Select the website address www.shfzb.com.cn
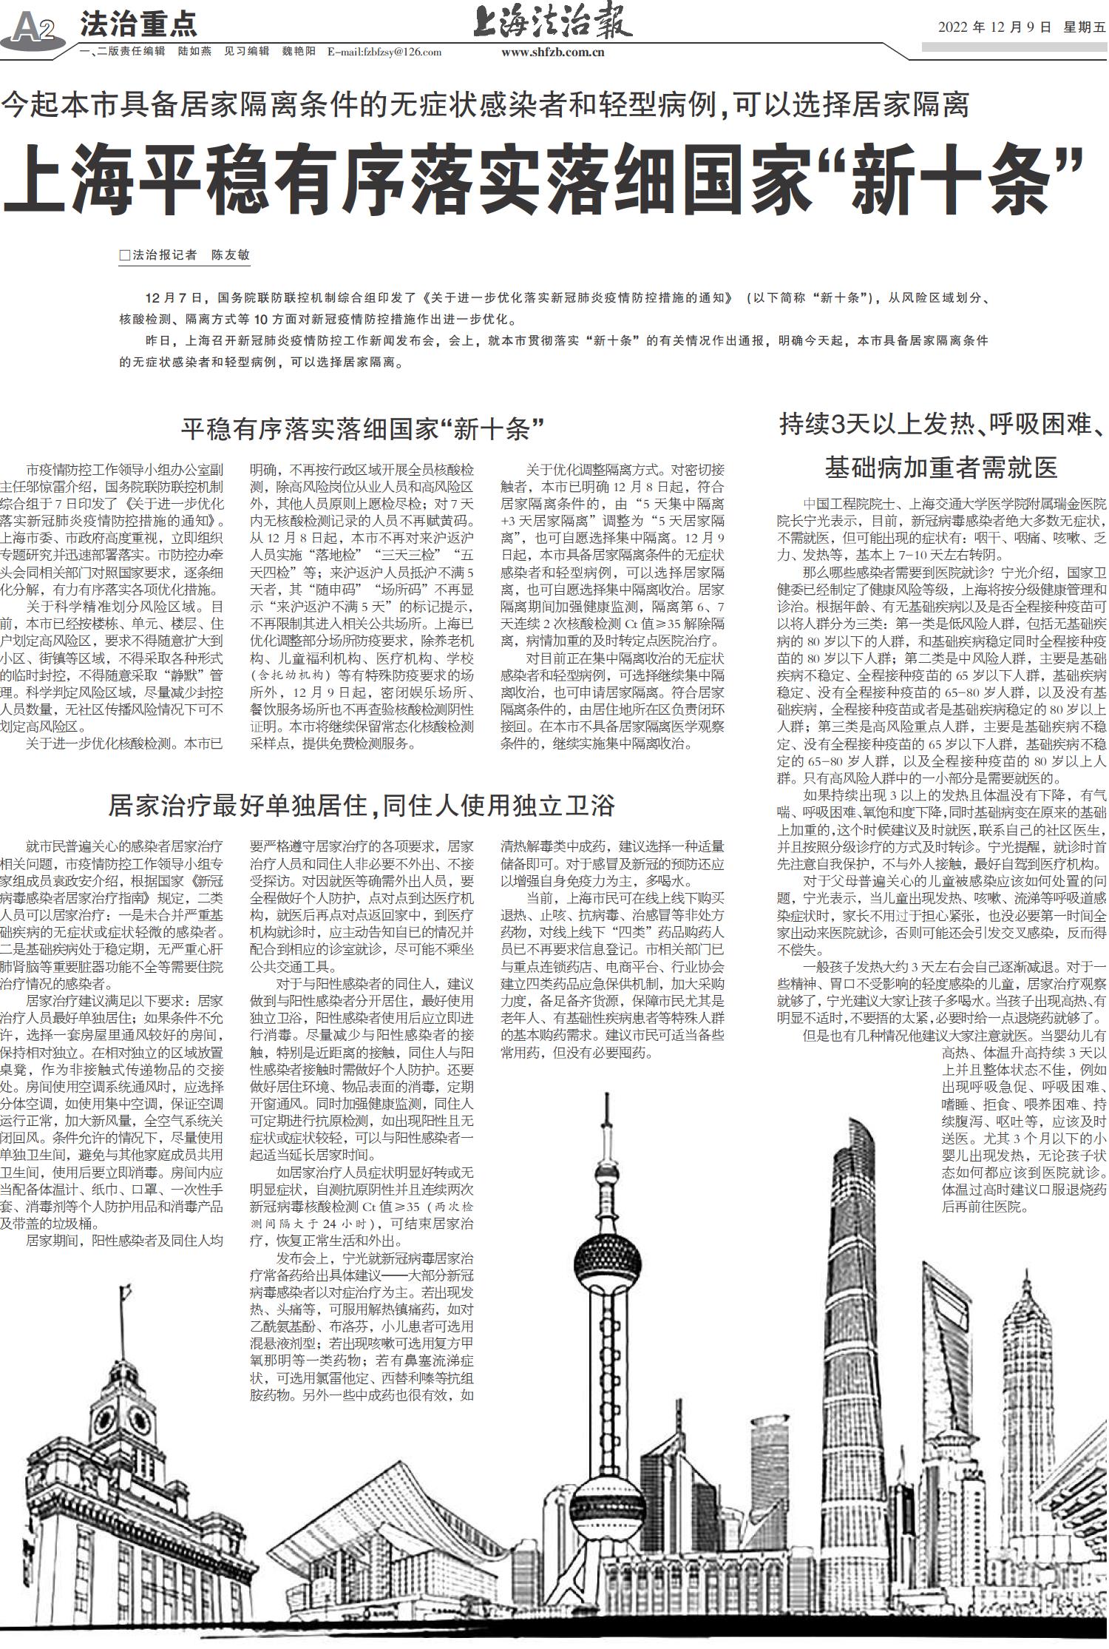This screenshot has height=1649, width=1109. coord(552,52)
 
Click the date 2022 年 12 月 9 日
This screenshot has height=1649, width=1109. coord(994,28)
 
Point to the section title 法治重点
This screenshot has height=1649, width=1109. coord(138,25)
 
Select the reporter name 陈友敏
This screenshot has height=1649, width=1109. coord(231,255)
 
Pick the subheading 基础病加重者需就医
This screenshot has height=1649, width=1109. coord(941,467)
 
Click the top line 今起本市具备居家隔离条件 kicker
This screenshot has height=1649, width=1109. coord(485,106)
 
